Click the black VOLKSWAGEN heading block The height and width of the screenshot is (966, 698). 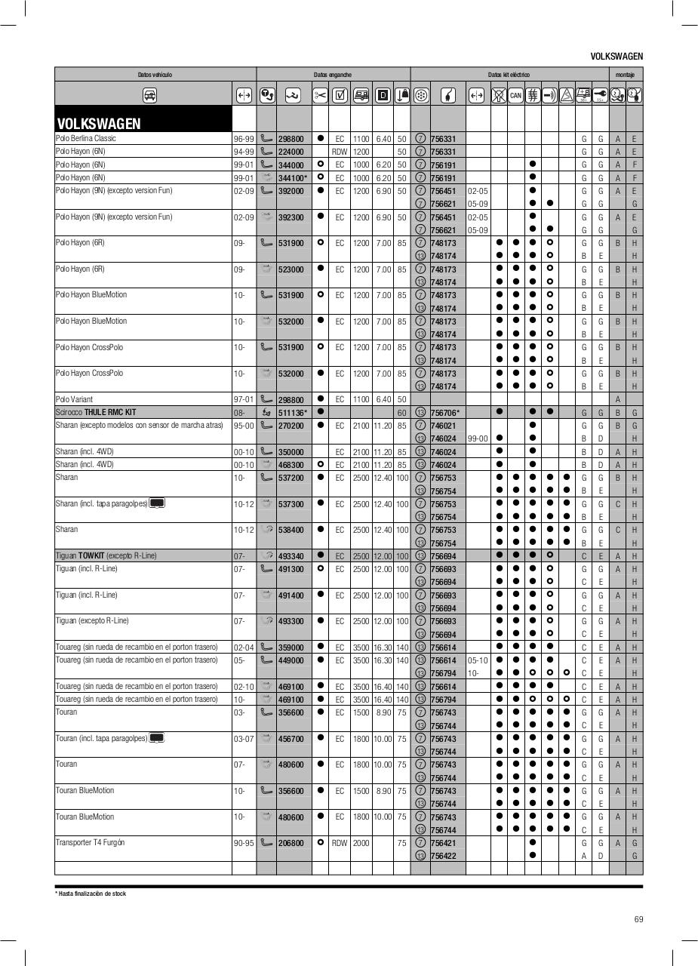(x=143, y=119)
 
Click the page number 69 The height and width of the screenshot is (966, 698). (x=638, y=919)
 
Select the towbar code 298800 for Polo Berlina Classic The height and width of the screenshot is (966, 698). (x=291, y=139)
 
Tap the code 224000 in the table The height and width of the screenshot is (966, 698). (x=291, y=152)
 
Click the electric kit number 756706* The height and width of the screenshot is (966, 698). (x=445, y=413)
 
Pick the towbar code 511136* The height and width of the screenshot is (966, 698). (x=293, y=413)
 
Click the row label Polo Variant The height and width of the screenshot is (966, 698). (x=74, y=399)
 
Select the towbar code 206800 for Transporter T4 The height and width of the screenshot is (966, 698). (x=291, y=843)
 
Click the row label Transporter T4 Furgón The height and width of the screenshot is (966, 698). (x=90, y=842)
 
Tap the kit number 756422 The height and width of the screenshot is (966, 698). (x=443, y=856)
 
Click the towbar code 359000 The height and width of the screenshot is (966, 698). (x=291, y=648)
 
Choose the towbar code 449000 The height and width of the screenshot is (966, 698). (x=291, y=660)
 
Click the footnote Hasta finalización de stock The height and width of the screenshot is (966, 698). (x=92, y=894)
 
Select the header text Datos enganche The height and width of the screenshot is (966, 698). (x=333, y=75)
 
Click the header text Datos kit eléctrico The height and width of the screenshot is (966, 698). (x=509, y=75)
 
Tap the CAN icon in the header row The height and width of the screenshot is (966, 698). (x=515, y=95)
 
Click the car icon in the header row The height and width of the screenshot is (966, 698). (x=149, y=95)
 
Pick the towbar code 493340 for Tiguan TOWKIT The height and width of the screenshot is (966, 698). (x=291, y=556)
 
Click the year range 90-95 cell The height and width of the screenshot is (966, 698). (x=243, y=843)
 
